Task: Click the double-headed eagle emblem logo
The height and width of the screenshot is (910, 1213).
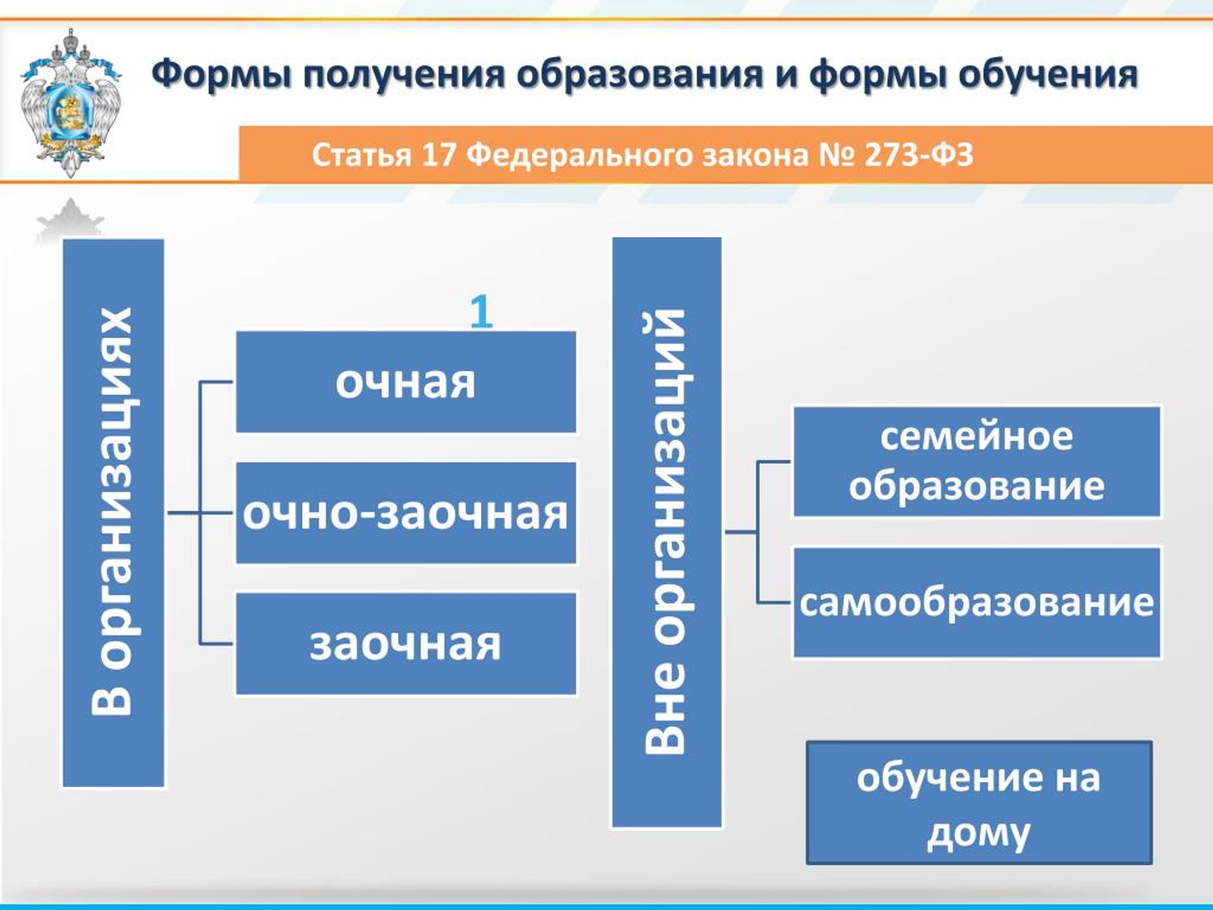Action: tap(70, 103)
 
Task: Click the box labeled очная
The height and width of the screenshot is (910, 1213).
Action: tap(406, 381)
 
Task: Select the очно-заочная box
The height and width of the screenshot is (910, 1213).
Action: tap(406, 513)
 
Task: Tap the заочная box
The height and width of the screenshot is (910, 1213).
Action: tap(406, 644)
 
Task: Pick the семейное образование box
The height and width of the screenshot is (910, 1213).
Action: tap(977, 461)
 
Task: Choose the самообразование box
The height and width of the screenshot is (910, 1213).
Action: tap(977, 602)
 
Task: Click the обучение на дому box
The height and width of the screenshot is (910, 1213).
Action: tap(979, 803)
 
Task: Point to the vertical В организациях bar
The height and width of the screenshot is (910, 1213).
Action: tap(113, 513)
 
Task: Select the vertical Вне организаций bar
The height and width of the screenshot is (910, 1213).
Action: tap(666, 532)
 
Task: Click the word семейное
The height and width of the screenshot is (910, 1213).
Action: tap(977, 437)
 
